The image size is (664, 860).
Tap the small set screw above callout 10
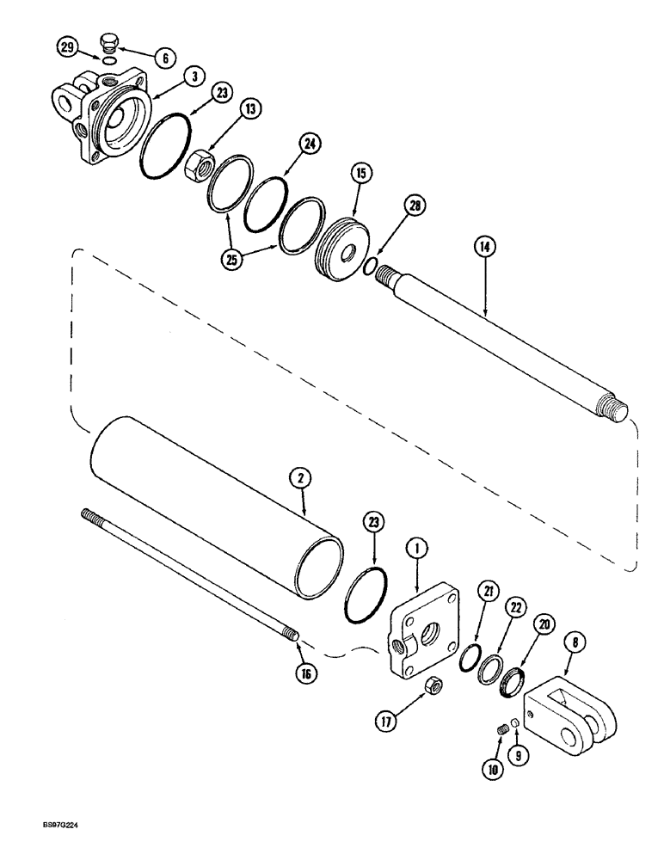[x=501, y=731]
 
